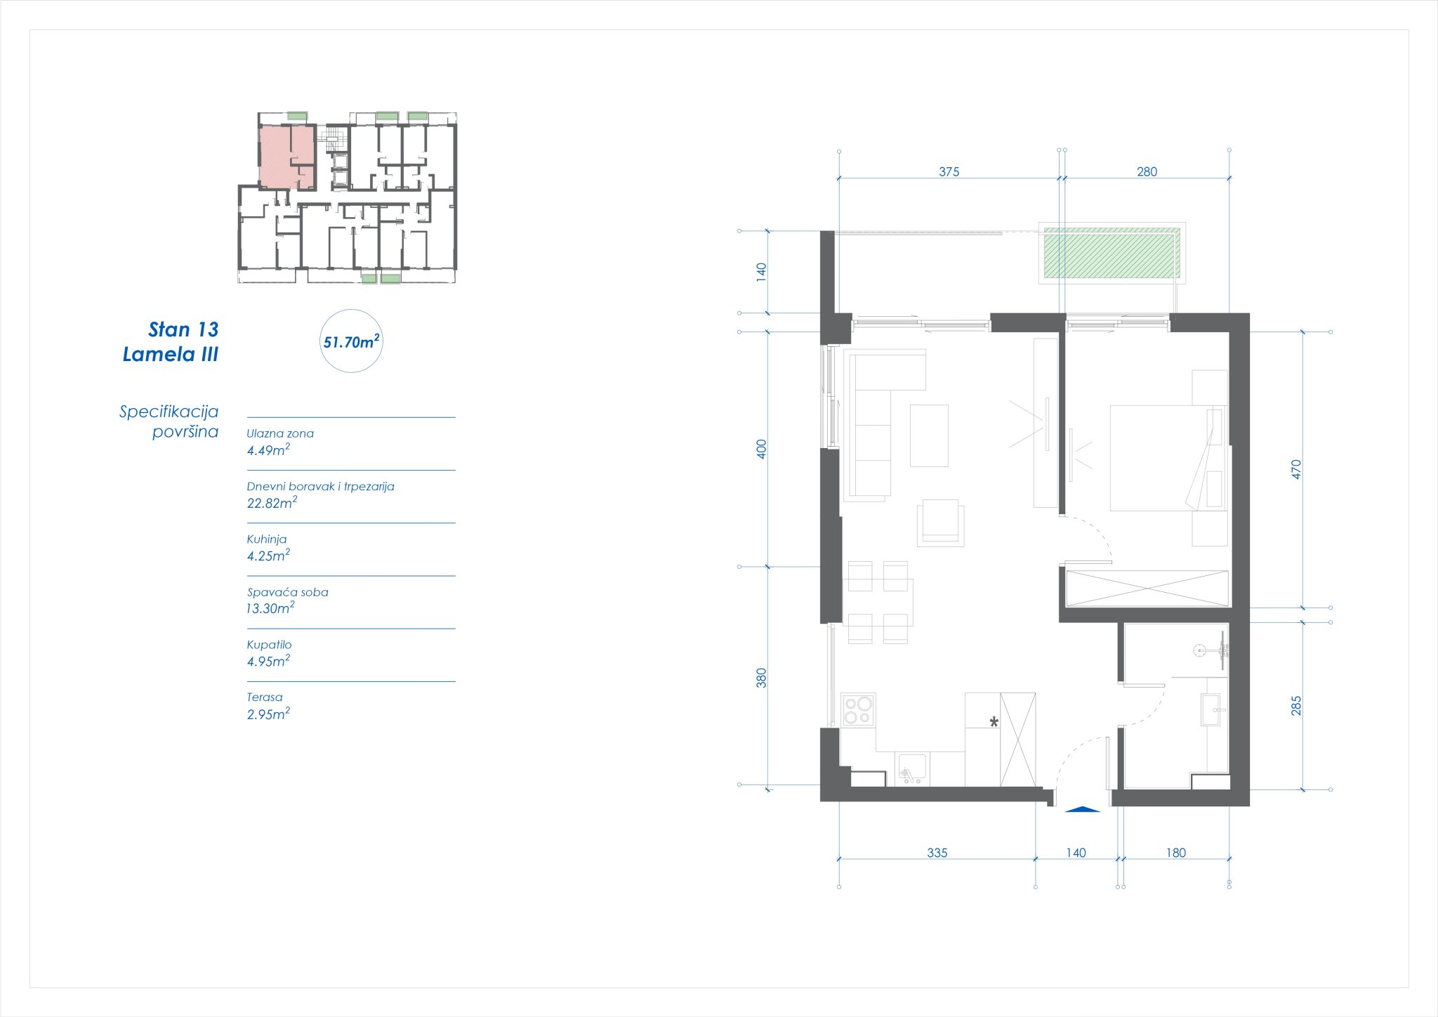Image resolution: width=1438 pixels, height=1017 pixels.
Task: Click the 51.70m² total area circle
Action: tap(351, 341)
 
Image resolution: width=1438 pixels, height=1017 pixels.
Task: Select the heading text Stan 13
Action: tap(183, 329)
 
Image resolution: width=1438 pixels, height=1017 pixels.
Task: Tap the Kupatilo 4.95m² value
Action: tap(268, 661)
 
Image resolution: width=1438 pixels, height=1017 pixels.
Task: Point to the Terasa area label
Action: tap(265, 697)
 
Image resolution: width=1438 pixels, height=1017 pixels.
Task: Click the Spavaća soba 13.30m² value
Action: tap(270, 608)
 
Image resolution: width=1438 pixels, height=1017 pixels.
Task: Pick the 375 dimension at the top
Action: tap(949, 171)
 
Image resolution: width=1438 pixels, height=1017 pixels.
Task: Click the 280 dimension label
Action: tap(1147, 171)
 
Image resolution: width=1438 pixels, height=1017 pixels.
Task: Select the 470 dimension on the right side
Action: tap(1296, 469)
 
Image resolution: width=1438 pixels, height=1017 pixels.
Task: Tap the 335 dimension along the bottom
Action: tap(937, 853)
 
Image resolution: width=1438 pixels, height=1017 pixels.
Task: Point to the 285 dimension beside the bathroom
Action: tap(1296, 705)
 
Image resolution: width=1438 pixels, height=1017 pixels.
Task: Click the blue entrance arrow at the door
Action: tap(1082, 809)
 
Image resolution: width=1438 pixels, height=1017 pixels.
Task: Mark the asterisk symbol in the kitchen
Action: tap(994, 722)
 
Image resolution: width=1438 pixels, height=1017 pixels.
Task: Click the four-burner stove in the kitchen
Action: tap(858, 709)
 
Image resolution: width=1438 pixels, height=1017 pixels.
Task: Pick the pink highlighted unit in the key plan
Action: tap(286, 157)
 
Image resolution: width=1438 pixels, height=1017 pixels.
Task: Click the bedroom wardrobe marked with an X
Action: tap(1147, 589)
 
